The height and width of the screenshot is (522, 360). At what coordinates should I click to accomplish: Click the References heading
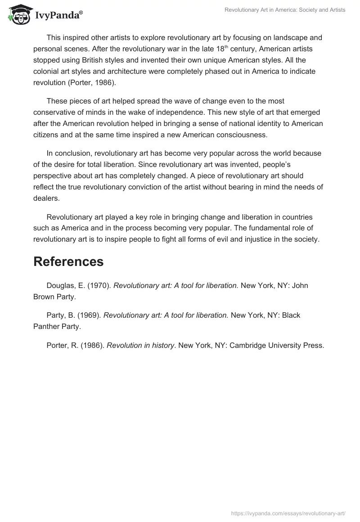click(68, 261)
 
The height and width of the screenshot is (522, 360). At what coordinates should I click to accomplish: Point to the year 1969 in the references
click(89, 315)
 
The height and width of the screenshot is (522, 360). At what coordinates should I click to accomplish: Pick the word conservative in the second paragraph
click(54, 112)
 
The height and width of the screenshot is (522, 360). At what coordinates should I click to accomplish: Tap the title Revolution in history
click(140, 345)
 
